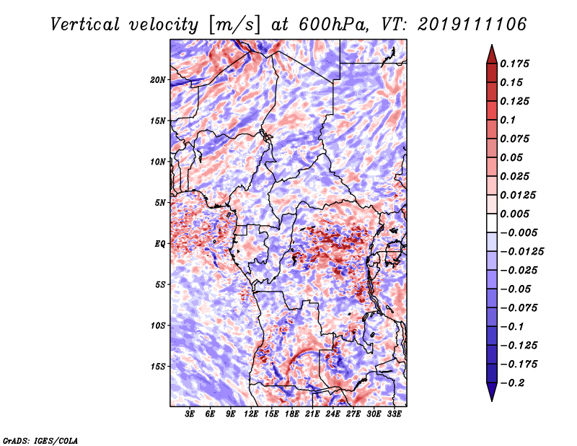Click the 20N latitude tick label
pyautogui.click(x=158, y=80)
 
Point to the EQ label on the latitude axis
pyautogui.click(x=160, y=244)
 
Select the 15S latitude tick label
pyautogui.click(x=158, y=367)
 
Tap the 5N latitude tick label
pyautogui.click(x=160, y=203)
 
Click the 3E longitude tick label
pyautogui.click(x=190, y=414)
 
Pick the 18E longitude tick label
pyautogui.click(x=292, y=414)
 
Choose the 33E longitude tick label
pyautogui.click(x=394, y=414)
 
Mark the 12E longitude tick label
pyautogui.click(x=251, y=414)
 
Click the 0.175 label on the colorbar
pyautogui.click(x=514, y=64)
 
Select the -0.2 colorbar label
pyautogui.click(x=512, y=383)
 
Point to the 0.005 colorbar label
pyautogui.click(x=514, y=214)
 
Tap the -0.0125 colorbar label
pyautogui.click(x=521, y=252)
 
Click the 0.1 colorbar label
pyautogui.click(x=508, y=120)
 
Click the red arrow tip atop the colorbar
pyautogui.click(x=492, y=45)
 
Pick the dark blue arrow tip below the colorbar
pyautogui.click(x=492, y=400)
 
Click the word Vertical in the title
pyautogui.click(x=85, y=25)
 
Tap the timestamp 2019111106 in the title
pyautogui.click(x=472, y=25)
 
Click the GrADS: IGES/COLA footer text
pyautogui.click(x=40, y=441)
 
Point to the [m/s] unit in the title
pyautogui.click(x=234, y=25)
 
